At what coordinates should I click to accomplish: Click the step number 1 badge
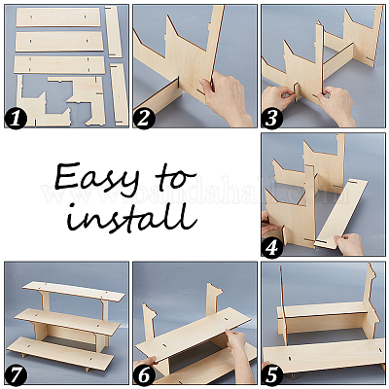(x=15, y=120)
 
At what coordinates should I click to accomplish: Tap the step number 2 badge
(x=144, y=119)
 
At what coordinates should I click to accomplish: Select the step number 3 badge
(x=271, y=119)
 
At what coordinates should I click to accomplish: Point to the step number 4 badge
(x=271, y=248)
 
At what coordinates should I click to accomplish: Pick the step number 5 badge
(x=271, y=376)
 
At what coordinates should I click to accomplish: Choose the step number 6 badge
(x=144, y=376)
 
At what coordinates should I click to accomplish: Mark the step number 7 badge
(x=16, y=376)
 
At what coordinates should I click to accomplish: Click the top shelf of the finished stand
(x=74, y=291)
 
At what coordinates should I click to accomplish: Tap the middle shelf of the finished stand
(x=65, y=321)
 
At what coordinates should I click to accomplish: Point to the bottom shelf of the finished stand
(x=60, y=353)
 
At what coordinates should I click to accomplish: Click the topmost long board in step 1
(x=58, y=18)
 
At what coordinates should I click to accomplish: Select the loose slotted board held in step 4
(x=341, y=214)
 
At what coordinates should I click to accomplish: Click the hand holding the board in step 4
(x=349, y=244)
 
